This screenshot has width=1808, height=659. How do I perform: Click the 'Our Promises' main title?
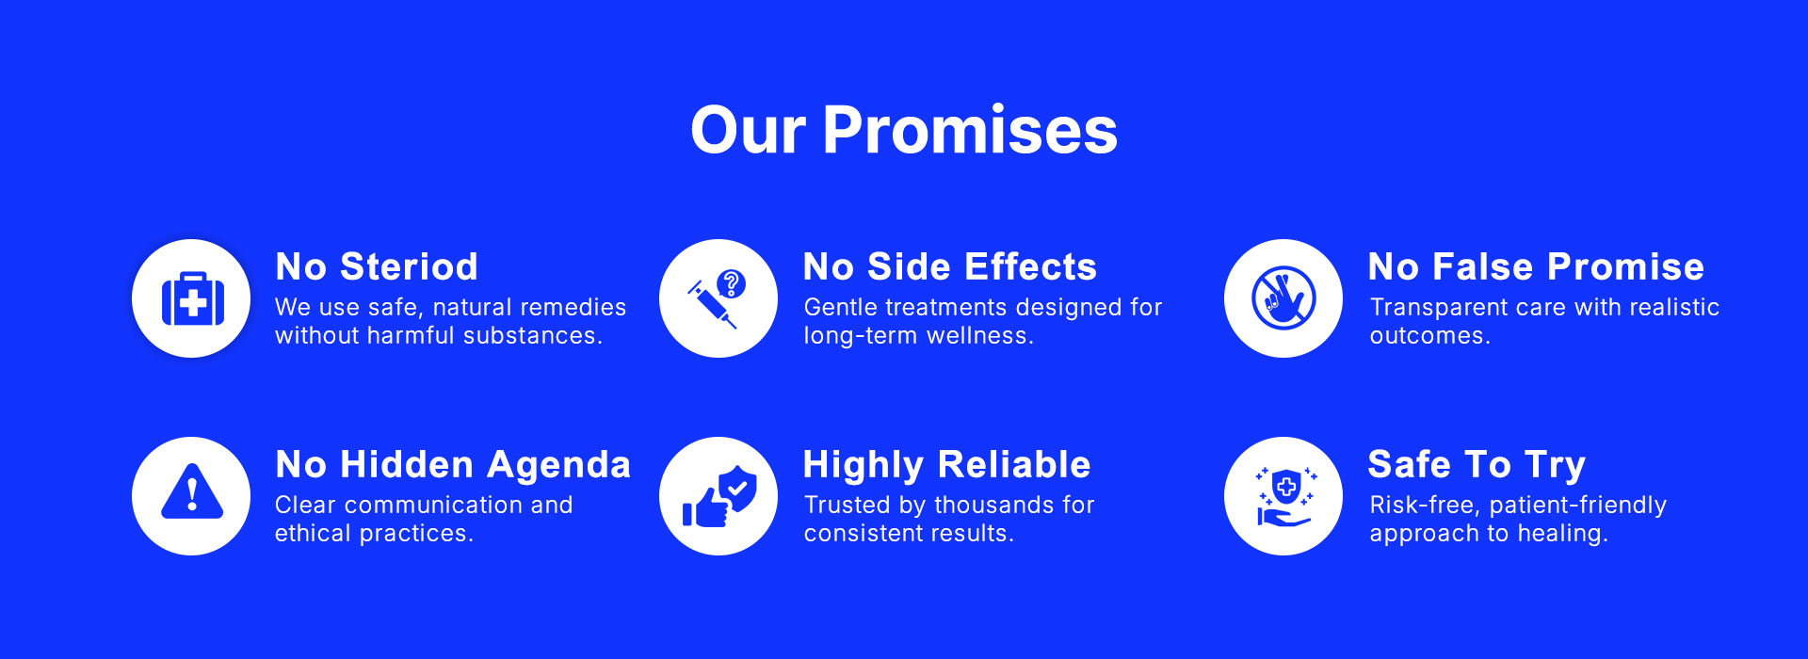(x=904, y=130)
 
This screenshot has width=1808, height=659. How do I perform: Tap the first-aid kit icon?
(x=192, y=298)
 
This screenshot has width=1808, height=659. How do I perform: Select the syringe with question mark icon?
(x=718, y=298)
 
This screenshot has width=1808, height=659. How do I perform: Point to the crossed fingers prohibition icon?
(x=1283, y=298)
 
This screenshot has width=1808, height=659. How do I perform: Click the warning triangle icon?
(x=192, y=491)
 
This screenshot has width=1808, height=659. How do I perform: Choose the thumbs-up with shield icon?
(x=719, y=496)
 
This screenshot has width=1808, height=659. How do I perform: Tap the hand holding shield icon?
(x=1284, y=497)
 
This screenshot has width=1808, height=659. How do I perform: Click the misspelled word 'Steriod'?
(x=409, y=267)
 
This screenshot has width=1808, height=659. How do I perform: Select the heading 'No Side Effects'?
(x=950, y=267)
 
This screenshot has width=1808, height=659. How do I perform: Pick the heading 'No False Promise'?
(x=1536, y=267)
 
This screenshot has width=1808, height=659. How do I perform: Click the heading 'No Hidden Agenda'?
(x=453, y=465)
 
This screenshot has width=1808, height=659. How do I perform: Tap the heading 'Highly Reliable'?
(x=946, y=465)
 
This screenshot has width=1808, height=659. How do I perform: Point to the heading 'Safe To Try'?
(x=1477, y=465)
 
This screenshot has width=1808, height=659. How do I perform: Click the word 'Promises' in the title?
(x=970, y=130)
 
